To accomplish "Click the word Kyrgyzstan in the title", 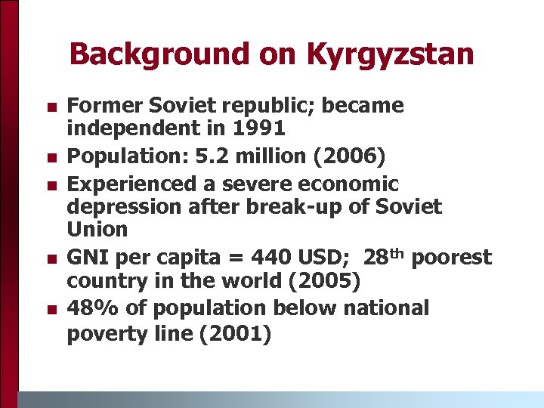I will pyautogui.click(x=391, y=54).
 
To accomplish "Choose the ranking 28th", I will pyautogui.click(x=385, y=257).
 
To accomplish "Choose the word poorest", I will pyautogui.click(x=452, y=258).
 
